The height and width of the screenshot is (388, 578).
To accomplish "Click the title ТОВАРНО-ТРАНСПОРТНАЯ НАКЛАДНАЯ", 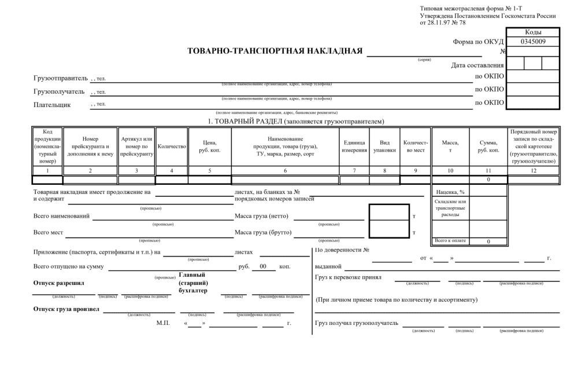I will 275,51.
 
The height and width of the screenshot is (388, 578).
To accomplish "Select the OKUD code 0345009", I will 532,42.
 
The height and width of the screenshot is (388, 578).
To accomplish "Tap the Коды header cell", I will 532,32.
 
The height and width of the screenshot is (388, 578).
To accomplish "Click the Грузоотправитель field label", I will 61,78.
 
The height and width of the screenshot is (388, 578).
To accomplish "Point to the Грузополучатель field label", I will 60,91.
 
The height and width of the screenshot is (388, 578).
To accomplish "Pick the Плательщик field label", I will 52,105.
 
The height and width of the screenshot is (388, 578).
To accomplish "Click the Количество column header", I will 172,147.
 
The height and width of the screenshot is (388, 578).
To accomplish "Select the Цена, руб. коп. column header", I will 209,147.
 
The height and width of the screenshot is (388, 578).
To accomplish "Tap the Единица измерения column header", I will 354,147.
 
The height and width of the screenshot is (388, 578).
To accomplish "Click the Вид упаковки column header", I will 384,147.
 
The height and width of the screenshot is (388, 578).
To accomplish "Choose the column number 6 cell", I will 285,170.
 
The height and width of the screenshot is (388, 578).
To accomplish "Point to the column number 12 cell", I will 533,170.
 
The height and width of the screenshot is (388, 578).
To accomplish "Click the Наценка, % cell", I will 450,191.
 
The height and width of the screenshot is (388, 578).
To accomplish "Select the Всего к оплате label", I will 450,241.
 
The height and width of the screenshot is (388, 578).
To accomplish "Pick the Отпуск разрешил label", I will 60,283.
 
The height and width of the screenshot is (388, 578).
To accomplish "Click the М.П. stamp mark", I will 164,323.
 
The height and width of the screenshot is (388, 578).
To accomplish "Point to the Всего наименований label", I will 62,217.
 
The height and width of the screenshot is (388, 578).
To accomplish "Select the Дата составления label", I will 477,65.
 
